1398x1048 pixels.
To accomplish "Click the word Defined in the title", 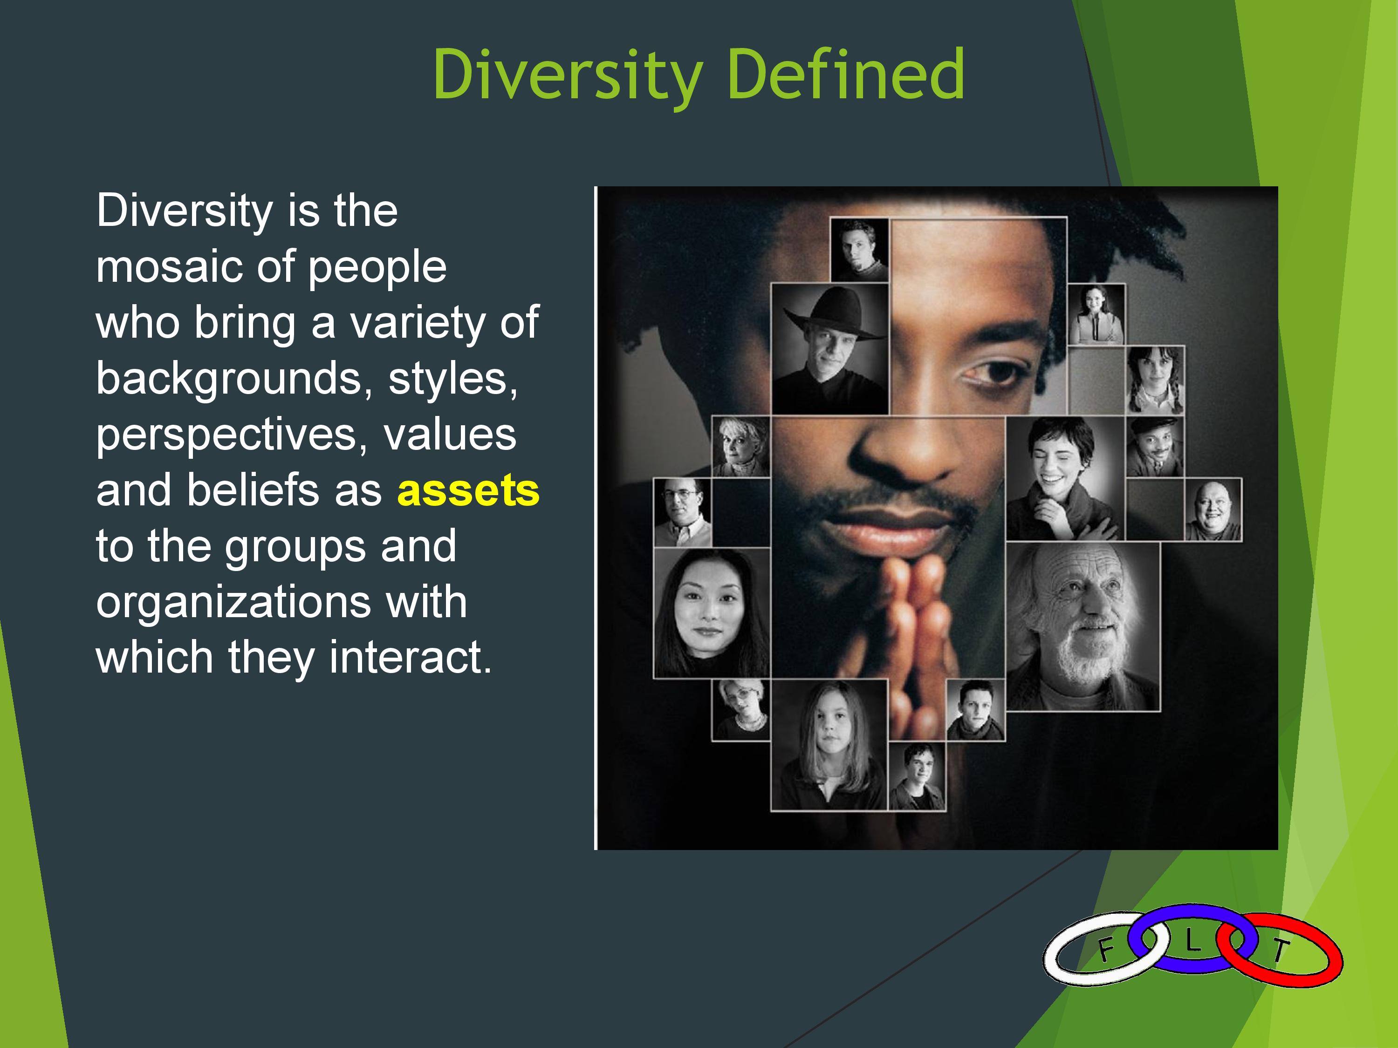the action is coord(846,75).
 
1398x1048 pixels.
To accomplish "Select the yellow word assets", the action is coord(468,491).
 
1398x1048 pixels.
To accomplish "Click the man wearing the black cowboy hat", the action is coord(830,349).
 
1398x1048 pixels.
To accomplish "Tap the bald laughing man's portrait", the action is coord(1213,510).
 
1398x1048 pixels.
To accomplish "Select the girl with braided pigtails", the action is coord(1155,380).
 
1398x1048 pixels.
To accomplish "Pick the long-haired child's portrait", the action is coord(829,745).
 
